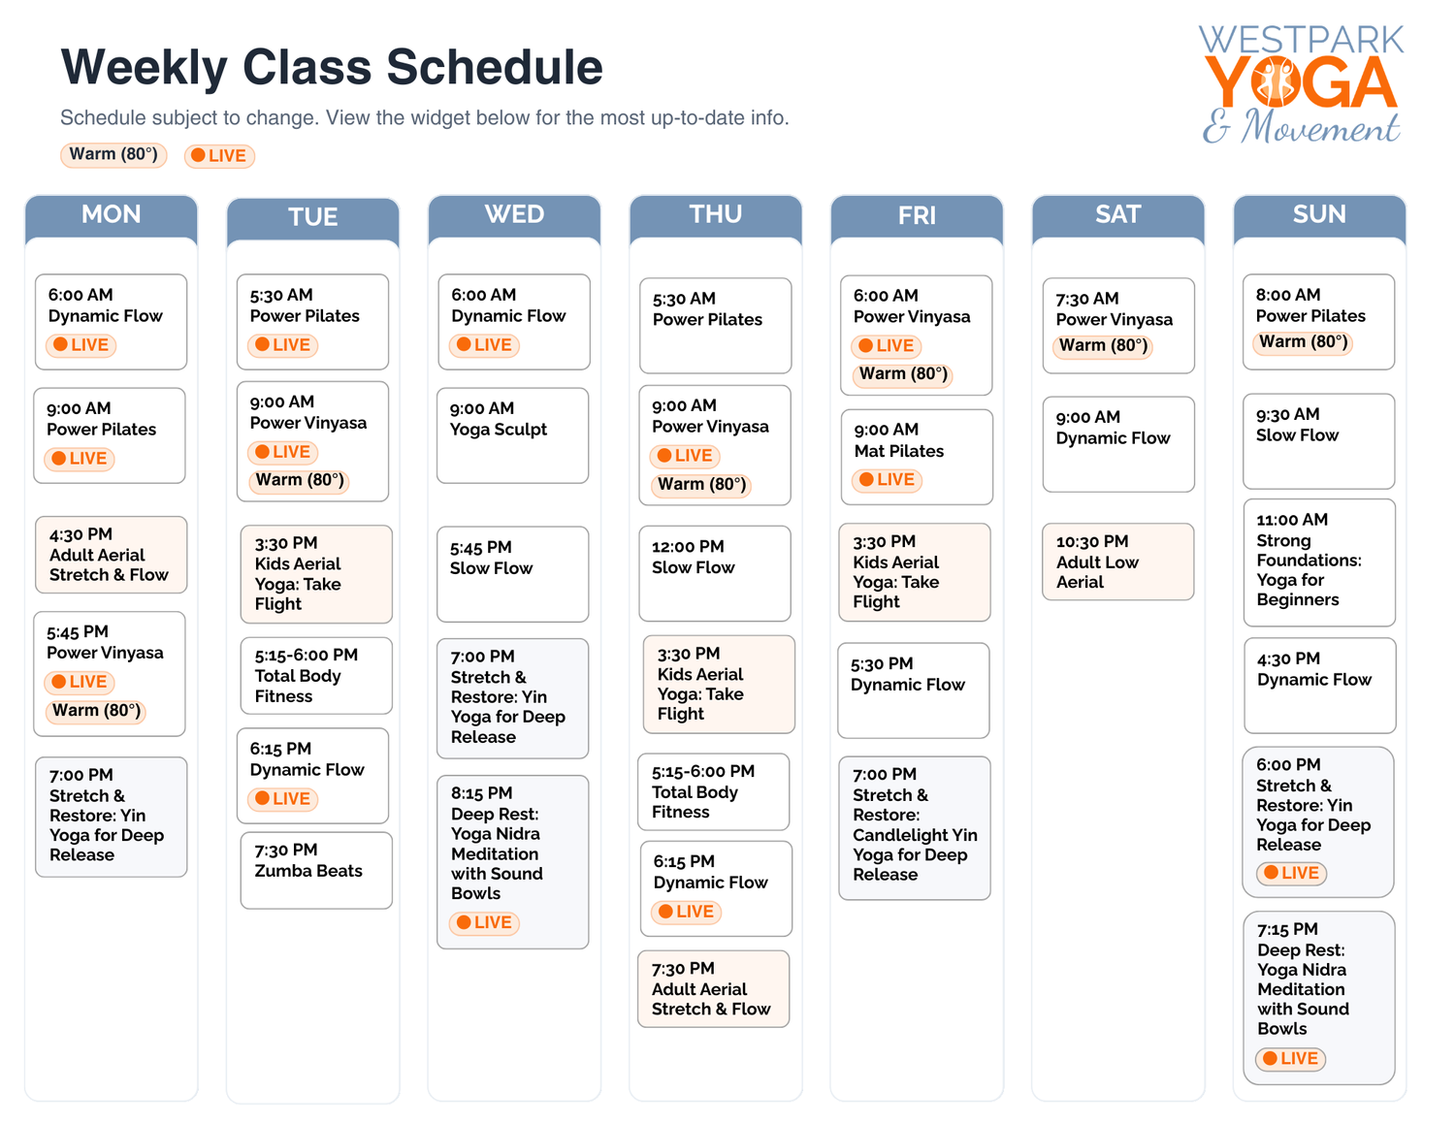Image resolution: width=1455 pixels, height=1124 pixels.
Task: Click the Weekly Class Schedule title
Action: click(332, 68)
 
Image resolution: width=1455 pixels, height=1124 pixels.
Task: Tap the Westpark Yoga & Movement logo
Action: click(1301, 85)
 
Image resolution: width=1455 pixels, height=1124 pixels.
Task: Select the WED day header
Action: click(514, 215)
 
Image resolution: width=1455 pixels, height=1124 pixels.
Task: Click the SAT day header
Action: click(1117, 215)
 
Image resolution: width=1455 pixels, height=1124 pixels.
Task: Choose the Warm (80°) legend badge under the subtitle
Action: click(113, 155)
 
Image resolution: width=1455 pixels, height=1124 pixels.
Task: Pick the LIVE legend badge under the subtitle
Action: click(219, 156)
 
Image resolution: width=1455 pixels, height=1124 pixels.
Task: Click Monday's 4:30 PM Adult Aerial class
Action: click(111, 554)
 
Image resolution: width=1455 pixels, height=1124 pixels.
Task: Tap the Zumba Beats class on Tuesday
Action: click(315, 870)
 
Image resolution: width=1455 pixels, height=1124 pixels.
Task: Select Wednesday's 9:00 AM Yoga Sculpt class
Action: click(512, 434)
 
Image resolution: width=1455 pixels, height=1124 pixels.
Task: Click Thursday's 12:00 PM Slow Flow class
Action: click(714, 572)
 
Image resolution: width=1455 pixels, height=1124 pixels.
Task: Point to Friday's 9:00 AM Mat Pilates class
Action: click(916, 456)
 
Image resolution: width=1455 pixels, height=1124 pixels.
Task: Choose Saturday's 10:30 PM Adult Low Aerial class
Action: click(1117, 562)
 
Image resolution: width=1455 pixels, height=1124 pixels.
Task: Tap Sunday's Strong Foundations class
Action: click(1318, 562)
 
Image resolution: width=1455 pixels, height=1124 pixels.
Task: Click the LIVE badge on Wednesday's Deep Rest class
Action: click(484, 923)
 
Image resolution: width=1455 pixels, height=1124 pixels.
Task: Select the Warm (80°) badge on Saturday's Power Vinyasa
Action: click(1103, 346)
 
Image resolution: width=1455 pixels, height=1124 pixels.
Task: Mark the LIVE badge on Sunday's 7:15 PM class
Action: click(1290, 1059)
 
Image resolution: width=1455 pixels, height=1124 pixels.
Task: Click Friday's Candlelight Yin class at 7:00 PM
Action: click(914, 827)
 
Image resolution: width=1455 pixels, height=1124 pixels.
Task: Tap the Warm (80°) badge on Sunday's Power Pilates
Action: click(1303, 342)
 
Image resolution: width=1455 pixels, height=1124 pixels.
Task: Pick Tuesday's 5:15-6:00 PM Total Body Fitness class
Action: click(315, 675)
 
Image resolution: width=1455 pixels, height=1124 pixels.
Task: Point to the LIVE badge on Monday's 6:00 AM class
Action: click(81, 345)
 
